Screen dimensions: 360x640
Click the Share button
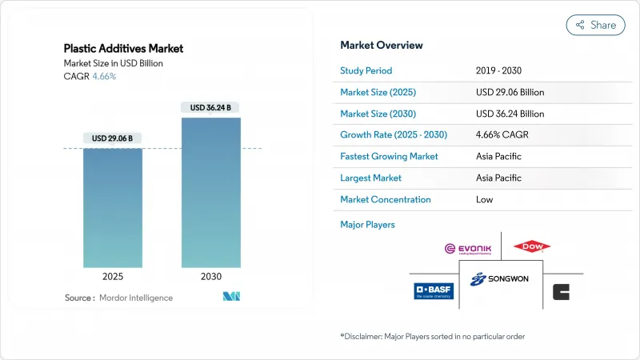(596, 25)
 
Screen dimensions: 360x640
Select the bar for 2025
(113, 208)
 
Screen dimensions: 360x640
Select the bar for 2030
(211, 192)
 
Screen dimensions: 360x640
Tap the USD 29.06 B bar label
(113, 138)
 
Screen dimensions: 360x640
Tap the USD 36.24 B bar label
(211, 107)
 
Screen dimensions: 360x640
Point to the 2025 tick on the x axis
(113, 277)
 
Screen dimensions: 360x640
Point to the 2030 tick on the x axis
(211, 277)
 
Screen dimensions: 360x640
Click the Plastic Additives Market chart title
(123, 49)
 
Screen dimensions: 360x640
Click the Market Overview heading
(382, 46)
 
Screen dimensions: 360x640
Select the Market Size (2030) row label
(378, 114)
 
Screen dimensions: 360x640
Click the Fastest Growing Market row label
(389, 157)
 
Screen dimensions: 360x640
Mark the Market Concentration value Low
(484, 200)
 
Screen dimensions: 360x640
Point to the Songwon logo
(501, 279)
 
